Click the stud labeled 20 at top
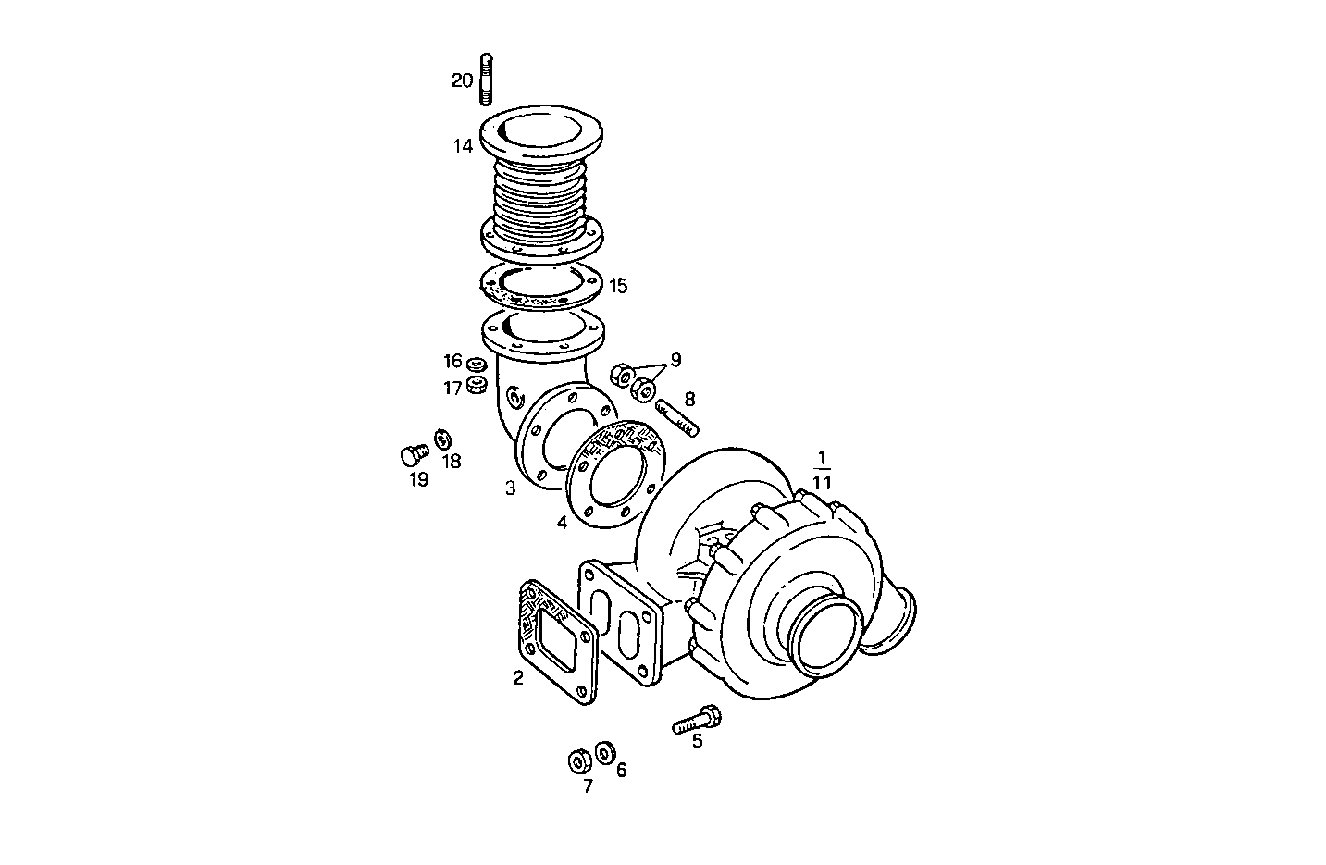click(487, 80)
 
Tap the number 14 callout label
click(463, 146)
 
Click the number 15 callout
click(618, 286)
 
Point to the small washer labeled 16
click(477, 364)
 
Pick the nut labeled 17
click(477, 383)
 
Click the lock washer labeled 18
click(442, 437)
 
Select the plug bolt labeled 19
click(412, 453)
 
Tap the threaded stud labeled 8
click(677, 417)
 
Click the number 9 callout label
click(675, 359)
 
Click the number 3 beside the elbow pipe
click(510, 488)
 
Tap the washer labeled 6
click(605, 752)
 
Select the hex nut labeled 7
click(579, 761)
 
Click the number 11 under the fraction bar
click(822, 483)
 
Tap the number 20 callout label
click(462, 81)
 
